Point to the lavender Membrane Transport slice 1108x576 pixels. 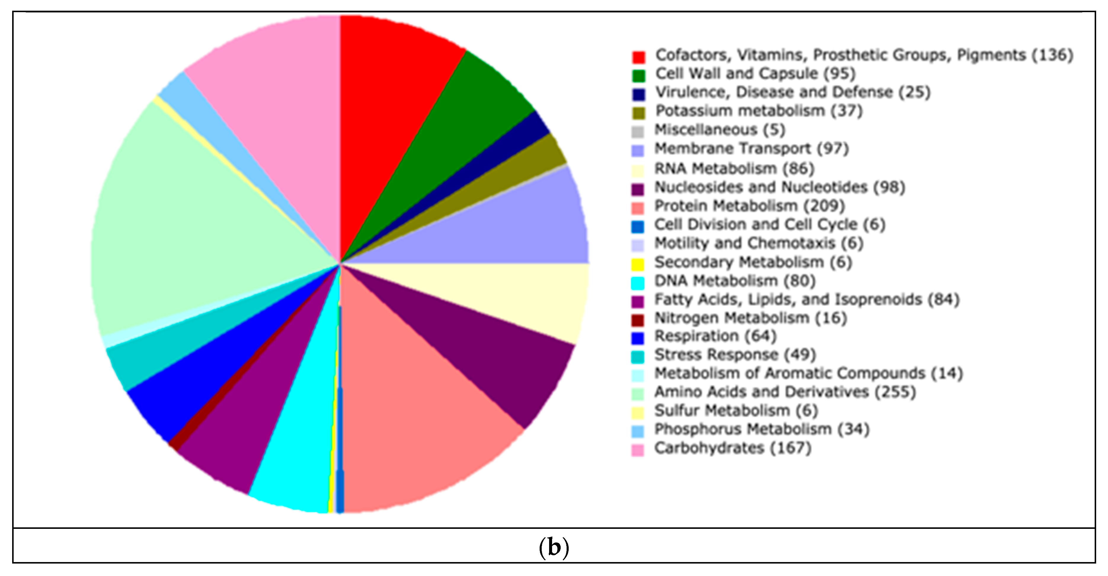coord(516,228)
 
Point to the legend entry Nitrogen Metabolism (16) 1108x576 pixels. coord(750,319)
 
